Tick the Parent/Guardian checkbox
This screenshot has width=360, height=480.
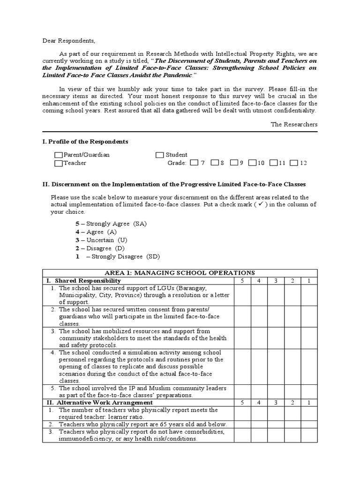(x=58, y=155)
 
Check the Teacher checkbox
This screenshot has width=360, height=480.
(x=58, y=164)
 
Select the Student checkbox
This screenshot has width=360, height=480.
(x=160, y=155)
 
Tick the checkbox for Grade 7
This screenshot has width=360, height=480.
(x=195, y=163)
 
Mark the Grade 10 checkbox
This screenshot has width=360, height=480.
(x=252, y=163)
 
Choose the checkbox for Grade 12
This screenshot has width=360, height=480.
(x=294, y=163)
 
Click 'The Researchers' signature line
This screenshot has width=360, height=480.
(x=294, y=124)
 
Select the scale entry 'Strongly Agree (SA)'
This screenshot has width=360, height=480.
(x=112, y=224)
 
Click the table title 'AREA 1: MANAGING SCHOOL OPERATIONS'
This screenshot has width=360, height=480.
(x=180, y=272)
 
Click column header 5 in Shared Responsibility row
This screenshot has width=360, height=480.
(x=242, y=280)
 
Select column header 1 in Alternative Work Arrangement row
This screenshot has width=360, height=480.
(x=309, y=403)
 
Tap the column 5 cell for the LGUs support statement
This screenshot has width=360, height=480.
(x=242, y=295)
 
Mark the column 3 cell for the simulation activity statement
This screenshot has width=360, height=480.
(x=276, y=366)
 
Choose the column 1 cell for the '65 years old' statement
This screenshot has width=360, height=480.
(x=309, y=424)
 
